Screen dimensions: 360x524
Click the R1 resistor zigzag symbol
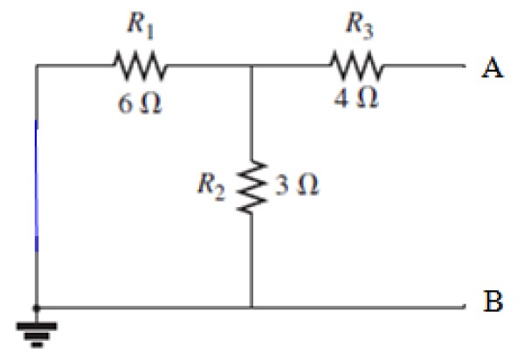(x=137, y=65)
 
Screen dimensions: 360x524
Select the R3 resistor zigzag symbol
(x=355, y=65)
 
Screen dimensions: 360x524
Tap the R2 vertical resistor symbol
(x=252, y=185)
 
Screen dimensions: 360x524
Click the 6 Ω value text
(x=138, y=103)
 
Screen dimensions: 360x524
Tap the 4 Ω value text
(x=356, y=98)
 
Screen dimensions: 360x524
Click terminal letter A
(x=493, y=68)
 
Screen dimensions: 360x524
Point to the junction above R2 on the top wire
(x=252, y=65)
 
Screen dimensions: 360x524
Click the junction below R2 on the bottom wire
(x=252, y=307)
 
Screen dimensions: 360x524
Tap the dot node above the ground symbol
(x=37, y=307)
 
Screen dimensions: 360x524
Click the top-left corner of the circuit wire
(x=37, y=65)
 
